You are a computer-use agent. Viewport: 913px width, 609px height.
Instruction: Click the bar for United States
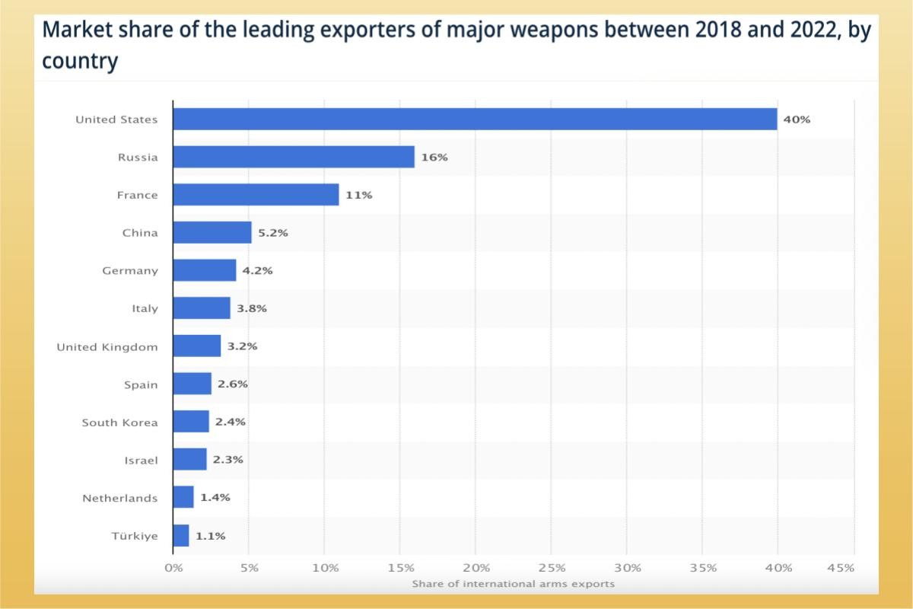(475, 119)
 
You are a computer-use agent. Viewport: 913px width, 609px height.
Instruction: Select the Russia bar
(294, 157)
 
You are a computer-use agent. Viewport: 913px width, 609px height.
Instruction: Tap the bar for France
(256, 195)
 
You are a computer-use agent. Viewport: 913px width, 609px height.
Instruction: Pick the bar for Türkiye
(181, 536)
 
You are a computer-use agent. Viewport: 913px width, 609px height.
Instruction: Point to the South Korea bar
(191, 422)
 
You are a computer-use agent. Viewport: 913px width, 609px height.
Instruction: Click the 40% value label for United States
(797, 120)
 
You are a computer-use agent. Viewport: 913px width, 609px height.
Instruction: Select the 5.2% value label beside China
(273, 233)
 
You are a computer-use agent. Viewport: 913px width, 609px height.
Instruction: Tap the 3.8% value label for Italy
(252, 309)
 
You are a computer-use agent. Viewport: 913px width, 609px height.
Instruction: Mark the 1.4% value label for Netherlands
(215, 498)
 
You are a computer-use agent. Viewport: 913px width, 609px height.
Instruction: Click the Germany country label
(130, 271)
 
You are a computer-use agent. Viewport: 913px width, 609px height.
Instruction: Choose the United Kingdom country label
(107, 347)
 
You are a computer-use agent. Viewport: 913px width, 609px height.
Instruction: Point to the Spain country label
(141, 385)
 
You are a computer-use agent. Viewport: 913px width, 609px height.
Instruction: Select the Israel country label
(141, 461)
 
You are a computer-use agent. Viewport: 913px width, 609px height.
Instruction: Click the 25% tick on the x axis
(551, 568)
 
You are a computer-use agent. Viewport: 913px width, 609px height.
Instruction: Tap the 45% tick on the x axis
(840, 568)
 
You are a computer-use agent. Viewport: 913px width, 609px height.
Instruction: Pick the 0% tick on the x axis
(173, 568)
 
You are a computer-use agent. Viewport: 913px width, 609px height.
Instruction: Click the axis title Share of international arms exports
(513, 584)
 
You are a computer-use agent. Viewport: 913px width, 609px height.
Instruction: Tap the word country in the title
(80, 60)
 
